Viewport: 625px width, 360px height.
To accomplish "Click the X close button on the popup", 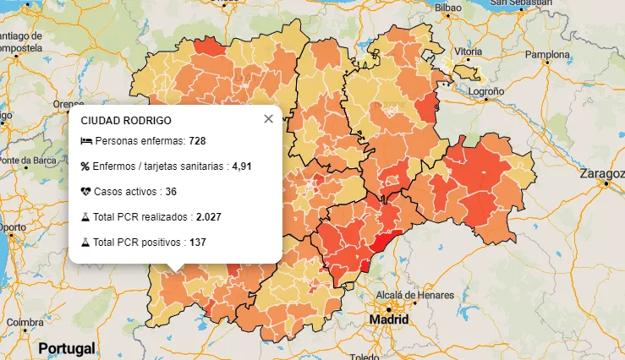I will (268, 119).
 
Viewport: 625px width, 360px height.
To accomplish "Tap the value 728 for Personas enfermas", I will (198, 141).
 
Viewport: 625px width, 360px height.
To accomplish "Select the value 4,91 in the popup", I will (242, 166).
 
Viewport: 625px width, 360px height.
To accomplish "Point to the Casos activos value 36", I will (171, 192).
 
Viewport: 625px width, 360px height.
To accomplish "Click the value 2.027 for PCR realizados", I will (208, 217).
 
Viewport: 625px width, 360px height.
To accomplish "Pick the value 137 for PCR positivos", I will (198, 243).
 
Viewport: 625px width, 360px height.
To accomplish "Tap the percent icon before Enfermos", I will (85, 166).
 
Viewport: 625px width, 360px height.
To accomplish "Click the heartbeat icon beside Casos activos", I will (85, 192).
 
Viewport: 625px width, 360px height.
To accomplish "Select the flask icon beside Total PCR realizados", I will (85, 217).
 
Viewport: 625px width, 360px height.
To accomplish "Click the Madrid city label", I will (388, 321).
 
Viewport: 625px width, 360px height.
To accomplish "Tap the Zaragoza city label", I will (601, 174).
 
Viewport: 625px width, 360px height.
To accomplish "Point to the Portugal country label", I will (66, 348).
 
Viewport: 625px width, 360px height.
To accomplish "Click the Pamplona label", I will (548, 54).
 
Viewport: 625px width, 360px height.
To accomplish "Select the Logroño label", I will (486, 90).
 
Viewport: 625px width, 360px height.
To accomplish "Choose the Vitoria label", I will (468, 52).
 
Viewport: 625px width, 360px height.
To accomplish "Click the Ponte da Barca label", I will (25, 160).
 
